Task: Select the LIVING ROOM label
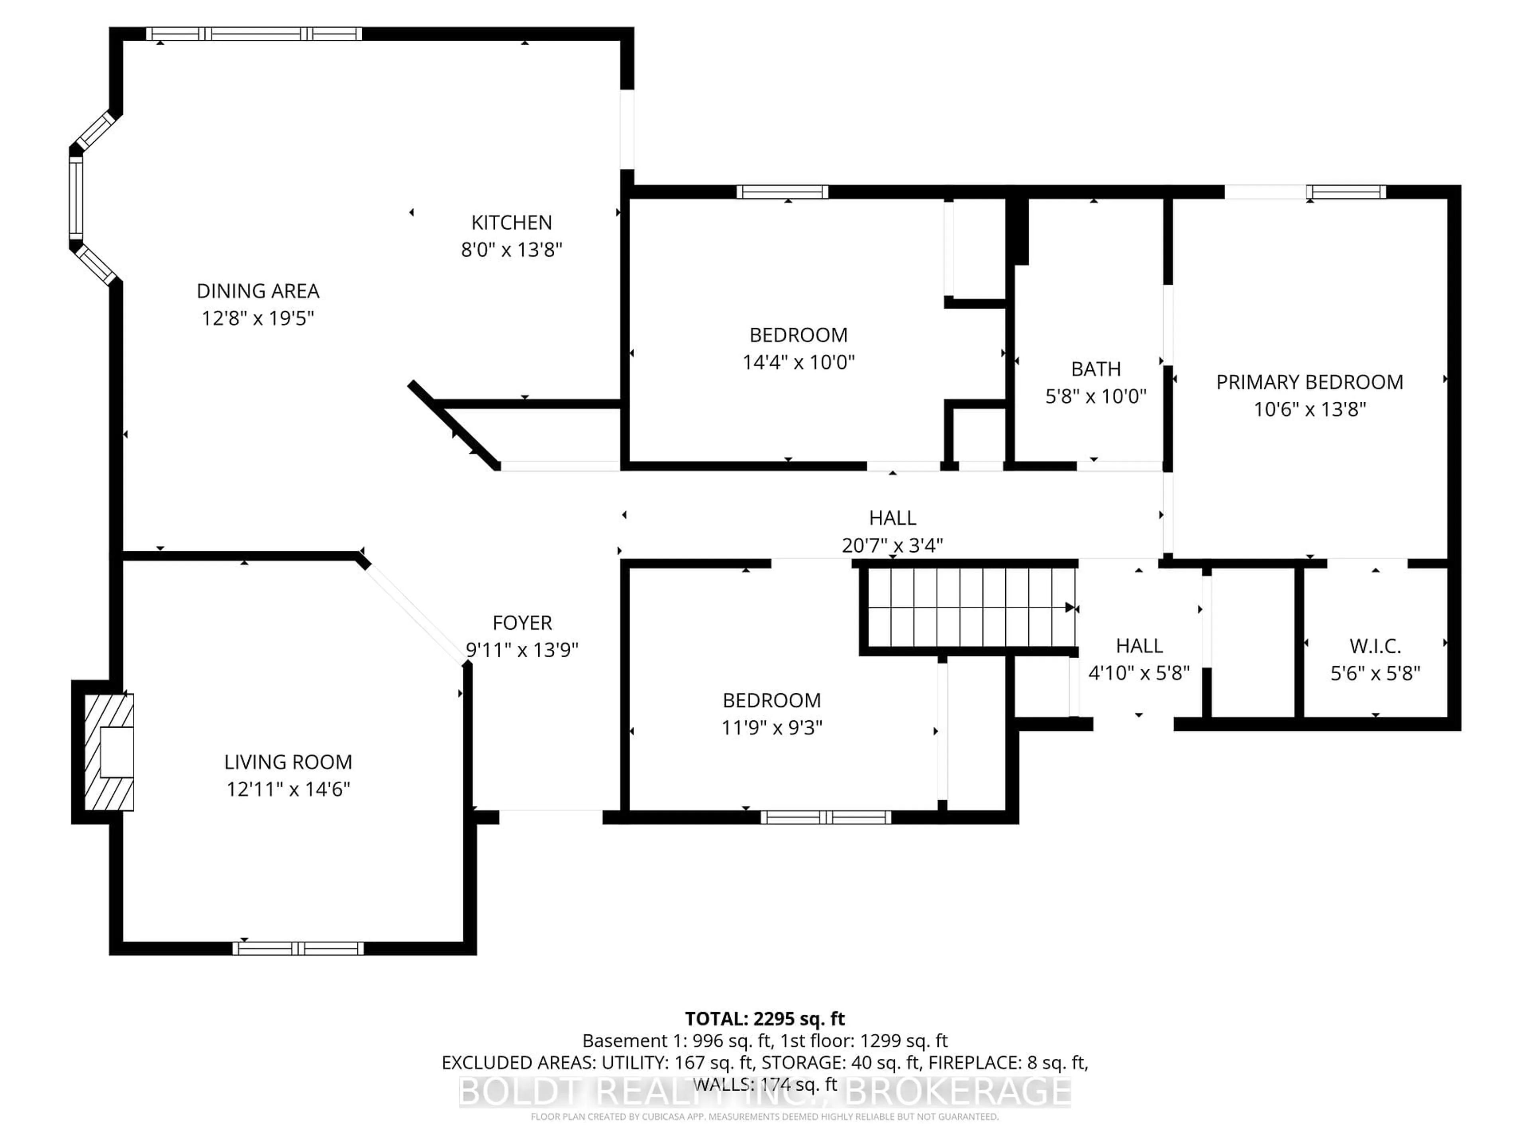click(288, 762)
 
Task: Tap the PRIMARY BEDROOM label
click(1309, 382)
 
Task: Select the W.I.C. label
click(1375, 646)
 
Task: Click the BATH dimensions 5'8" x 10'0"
click(1096, 397)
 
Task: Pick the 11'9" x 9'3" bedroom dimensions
click(771, 728)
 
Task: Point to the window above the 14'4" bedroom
click(782, 192)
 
